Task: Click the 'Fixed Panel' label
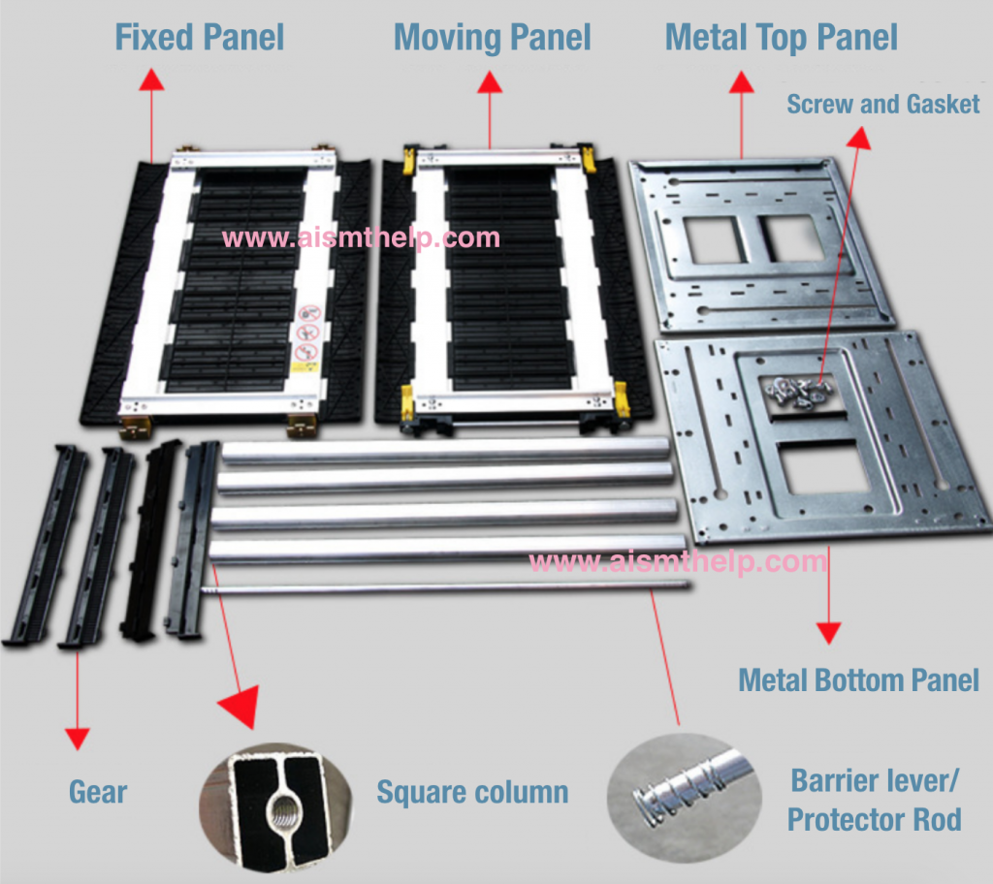point(199,38)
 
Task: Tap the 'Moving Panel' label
point(492,38)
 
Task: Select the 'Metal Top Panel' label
point(781,38)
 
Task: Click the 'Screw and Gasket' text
point(882,104)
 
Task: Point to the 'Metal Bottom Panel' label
point(858,679)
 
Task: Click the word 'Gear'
point(98,792)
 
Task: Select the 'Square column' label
point(472,792)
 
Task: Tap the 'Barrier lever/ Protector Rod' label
point(875,800)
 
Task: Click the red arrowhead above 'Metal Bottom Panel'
point(827,634)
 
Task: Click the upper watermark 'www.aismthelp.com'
point(361,237)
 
